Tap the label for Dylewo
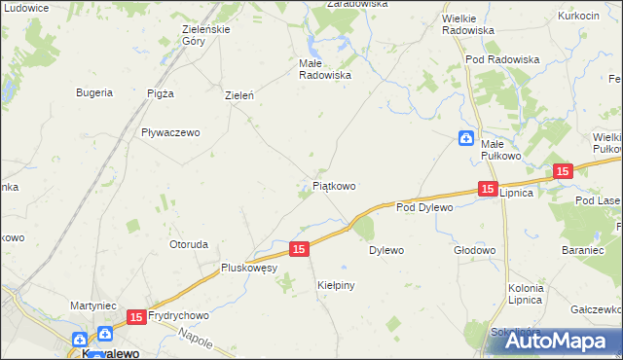(385, 250)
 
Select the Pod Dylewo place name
(425, 207)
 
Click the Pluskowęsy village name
(249, 267)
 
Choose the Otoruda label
(189, 244)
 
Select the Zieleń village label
(239, 95)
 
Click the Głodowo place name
(474, 250)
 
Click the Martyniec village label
(94, 306)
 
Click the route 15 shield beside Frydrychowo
(136, 317)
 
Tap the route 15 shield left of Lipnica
(488, 189)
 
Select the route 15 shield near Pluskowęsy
(299, 250)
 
